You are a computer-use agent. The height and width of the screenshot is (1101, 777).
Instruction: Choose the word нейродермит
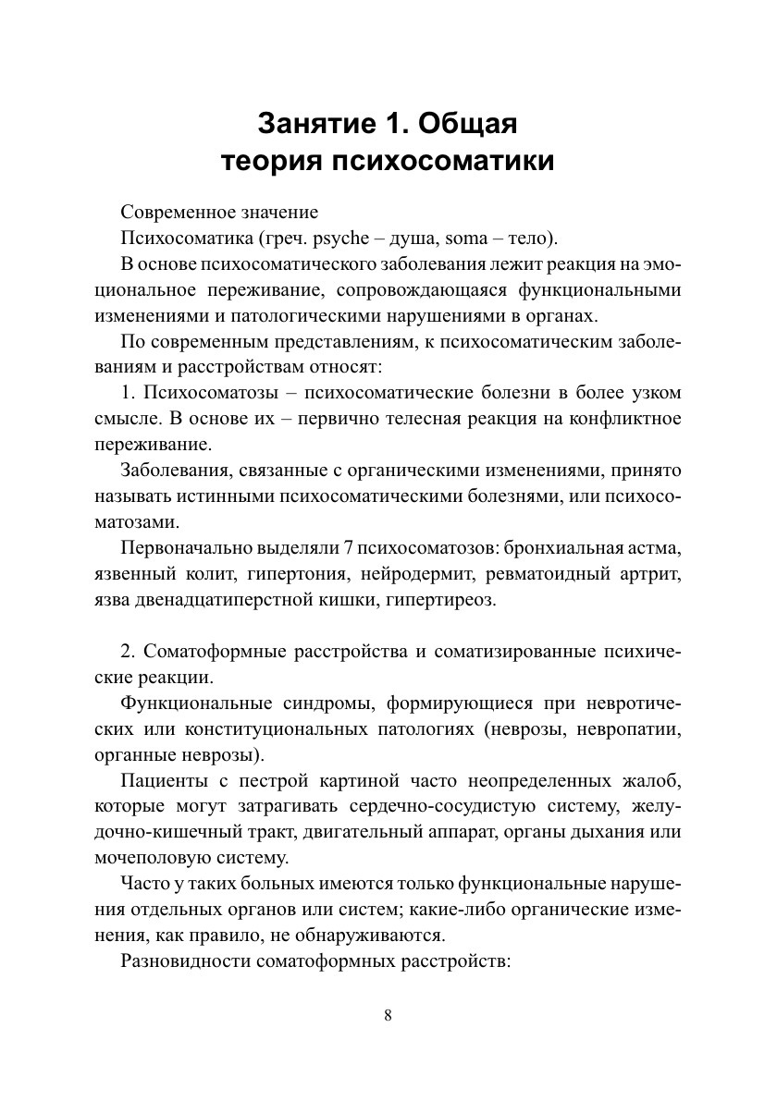pos(413,574)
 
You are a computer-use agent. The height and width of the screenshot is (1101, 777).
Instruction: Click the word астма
pos(658,548)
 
